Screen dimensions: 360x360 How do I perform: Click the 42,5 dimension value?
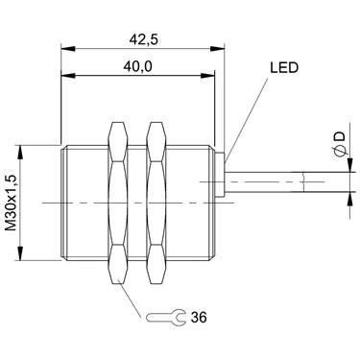pyautogui.click(x=144, y=39)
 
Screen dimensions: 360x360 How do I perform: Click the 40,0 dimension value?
pyautogui.click(x=137, y=66)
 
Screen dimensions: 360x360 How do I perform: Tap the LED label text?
pyautogui.click(x=284, y=68)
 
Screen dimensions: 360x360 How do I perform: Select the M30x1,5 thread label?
pyautogui.click(x=12, y=204)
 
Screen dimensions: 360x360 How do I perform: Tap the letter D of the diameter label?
pyautogui.click(x=341, y=136)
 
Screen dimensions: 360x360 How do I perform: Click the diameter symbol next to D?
pyautogui.click(x=341, y=151)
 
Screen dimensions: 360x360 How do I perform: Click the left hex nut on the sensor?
pyautogui.click(x=118, y=204)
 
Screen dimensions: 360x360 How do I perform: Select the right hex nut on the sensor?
pyautogui.click(x=156, y=204)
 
